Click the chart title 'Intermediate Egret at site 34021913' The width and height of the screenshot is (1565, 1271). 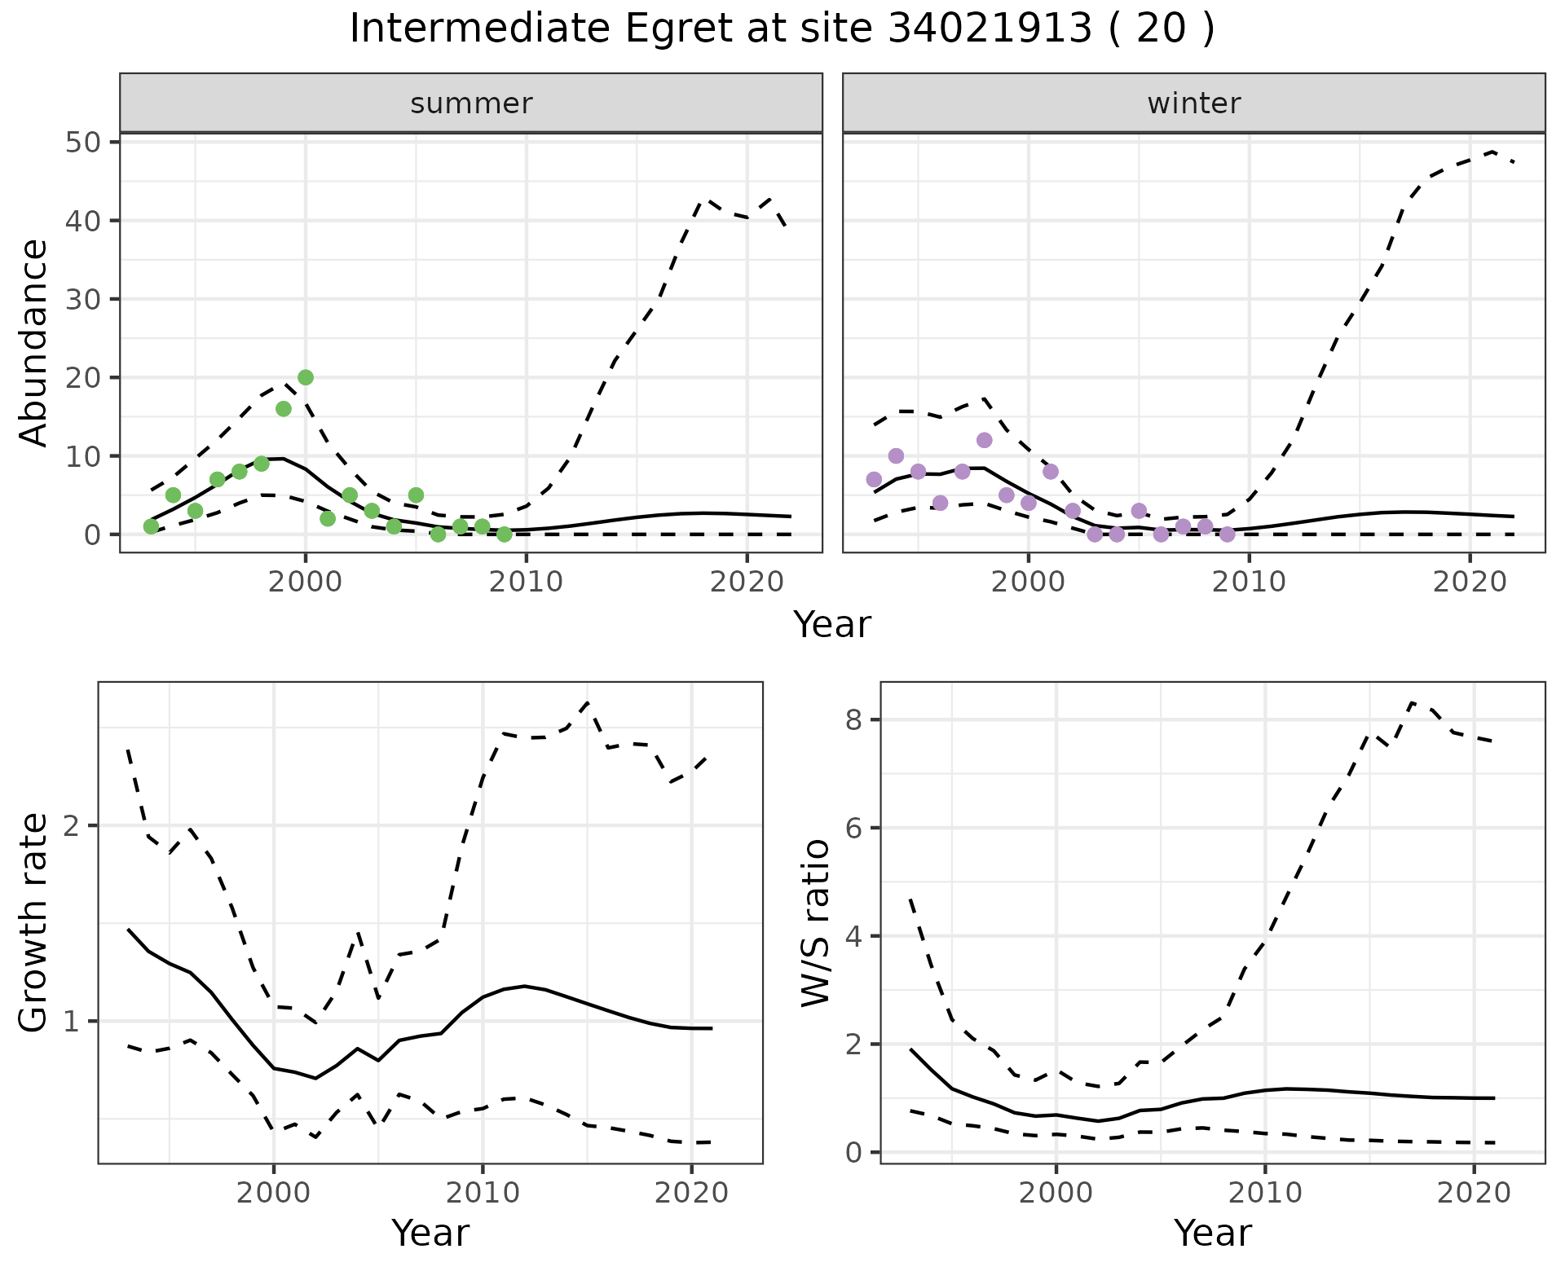781,29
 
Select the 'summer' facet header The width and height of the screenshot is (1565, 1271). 471,103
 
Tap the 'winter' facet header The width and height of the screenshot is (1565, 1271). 1193,103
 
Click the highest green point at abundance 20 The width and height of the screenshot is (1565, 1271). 306,377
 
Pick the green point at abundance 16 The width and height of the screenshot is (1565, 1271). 284,408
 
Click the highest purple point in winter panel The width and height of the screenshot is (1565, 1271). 984,440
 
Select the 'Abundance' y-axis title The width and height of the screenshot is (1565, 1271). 33,342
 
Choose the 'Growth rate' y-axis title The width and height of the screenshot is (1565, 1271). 33,922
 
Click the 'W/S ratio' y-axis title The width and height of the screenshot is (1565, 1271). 816,922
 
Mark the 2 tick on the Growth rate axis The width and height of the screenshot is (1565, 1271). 73,825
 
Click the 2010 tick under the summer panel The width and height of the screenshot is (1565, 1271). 527,583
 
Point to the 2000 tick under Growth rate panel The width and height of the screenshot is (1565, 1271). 274,1194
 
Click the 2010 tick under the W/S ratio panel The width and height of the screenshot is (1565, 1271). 1265,1194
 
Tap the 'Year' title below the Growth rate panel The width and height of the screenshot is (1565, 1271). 430,1234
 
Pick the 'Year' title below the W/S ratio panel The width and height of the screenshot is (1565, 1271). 1213,1234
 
